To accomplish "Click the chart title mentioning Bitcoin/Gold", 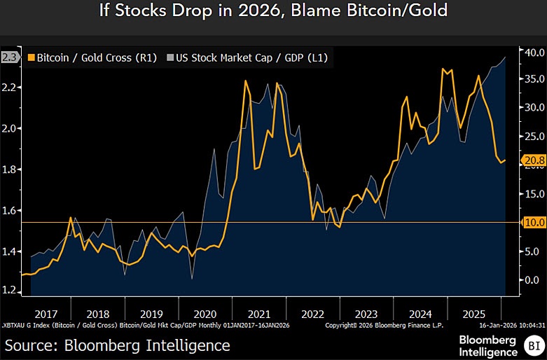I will (x=273, y=12).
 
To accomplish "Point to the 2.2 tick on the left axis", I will (x=11, y=88).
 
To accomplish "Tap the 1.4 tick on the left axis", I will (x=11, y=251).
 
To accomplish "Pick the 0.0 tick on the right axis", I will (x=532, y=279).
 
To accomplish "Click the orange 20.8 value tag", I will (x=534, y=160).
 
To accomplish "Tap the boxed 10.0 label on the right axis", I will (x=534, y=222).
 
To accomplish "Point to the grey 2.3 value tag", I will (x=10, y=58).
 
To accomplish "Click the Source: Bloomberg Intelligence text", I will (x=117, y=345).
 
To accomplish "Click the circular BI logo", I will (x=533, y=345).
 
